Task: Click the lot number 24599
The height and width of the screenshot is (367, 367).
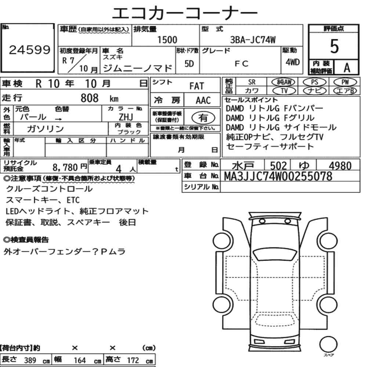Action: point(30,50)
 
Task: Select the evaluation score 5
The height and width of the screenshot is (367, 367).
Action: point(334,46)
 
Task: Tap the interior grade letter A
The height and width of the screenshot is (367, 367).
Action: point(347,68)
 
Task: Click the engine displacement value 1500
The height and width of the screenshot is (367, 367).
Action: point(167,40)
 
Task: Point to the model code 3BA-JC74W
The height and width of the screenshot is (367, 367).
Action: point(253,40)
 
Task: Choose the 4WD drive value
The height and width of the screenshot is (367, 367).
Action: point(292,62)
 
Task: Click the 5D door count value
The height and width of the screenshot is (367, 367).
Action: point(189,63)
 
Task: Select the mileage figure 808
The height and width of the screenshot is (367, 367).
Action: point(90,98)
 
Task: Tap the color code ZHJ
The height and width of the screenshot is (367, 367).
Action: point(126,117)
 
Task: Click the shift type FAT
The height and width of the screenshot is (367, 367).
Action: point(197,86)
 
